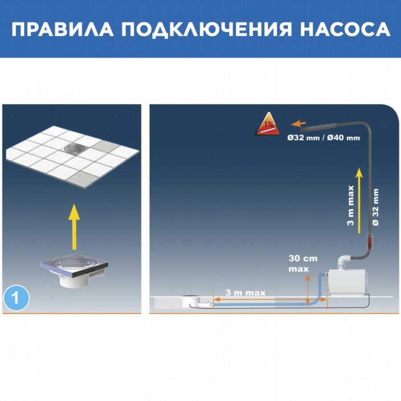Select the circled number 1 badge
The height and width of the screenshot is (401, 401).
(16, 298)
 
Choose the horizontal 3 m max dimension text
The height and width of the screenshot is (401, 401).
(245, 293)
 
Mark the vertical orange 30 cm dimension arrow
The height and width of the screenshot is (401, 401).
(308, 290)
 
